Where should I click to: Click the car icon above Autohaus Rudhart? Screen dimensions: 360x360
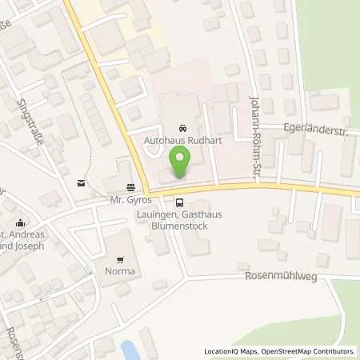click(x=182, y=128)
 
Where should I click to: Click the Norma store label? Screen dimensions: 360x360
click(x=122, y=271)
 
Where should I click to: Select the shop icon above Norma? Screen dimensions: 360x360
click(x=122, y=259)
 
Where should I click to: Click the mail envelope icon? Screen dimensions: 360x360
click(x=81, y=183)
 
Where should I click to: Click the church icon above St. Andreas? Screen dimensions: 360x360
click(x=21, y=223)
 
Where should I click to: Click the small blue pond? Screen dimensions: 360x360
click(x=129, y=350)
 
